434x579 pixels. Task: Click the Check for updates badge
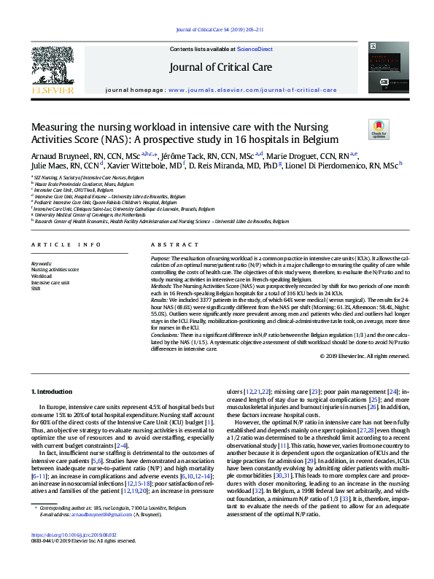380,130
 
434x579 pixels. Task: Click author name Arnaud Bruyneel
57,155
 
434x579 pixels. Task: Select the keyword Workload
42,276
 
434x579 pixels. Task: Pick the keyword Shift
36,289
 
